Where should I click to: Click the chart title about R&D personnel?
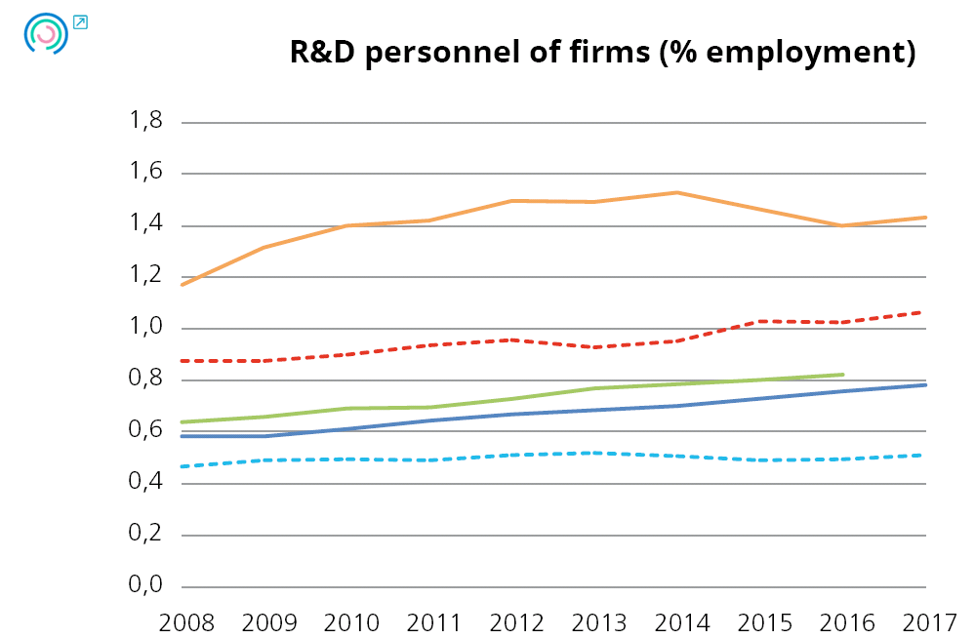coord(602,53)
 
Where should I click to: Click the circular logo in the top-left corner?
coord(44,34)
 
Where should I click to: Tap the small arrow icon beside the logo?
coord(80,21)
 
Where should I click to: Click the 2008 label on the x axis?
coord(183,620)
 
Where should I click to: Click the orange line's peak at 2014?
coord(677,192)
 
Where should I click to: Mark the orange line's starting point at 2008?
coord(183,284)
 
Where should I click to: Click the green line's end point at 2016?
coord(842,375)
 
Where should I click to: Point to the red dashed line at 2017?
coord(924,312)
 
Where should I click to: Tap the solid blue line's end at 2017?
coord(924,385)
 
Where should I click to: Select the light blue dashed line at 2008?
coord(183,466)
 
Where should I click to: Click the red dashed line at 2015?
coord(760,321)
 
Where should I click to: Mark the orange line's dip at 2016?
coord(842,225)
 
